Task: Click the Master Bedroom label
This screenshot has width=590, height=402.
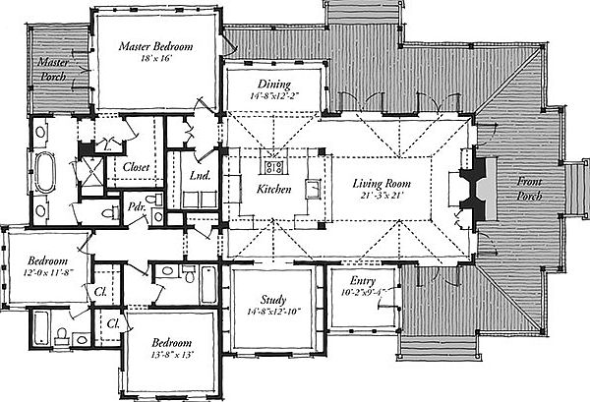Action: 155,46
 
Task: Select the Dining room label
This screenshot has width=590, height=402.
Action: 274,85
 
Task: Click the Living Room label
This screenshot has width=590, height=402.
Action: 382,184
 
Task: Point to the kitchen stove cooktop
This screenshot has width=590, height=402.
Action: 273,167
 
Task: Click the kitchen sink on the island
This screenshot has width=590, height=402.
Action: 313,189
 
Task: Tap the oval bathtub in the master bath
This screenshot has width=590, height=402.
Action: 45,171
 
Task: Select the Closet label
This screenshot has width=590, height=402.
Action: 137,167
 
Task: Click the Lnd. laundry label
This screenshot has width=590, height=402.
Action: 200,175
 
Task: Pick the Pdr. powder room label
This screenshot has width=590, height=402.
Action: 137,206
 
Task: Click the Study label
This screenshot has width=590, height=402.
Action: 273,300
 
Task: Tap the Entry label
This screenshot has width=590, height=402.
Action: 363,281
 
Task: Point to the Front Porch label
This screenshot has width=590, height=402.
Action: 529,189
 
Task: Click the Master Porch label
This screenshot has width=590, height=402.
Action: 53,69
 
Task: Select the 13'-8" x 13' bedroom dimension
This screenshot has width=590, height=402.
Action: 171,355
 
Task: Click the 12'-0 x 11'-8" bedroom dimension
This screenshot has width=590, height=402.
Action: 47,272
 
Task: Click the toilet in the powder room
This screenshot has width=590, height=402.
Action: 153,199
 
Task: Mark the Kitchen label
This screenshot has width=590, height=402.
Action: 274,189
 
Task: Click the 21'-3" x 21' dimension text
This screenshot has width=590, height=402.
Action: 382,196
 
